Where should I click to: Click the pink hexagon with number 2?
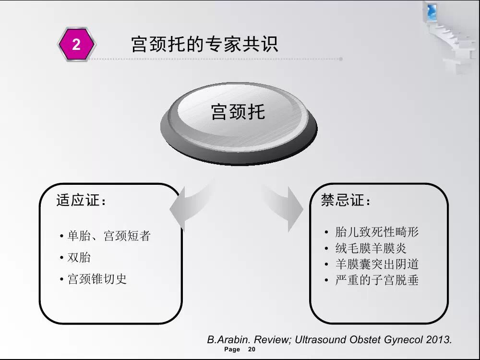[76, 44]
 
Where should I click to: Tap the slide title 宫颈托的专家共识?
[204, 44]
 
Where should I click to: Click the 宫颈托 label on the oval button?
[238, 112]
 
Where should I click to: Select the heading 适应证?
[81, 201]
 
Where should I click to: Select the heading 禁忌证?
[346, 200]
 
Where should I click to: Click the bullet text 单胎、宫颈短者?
[109, 236]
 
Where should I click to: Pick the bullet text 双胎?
[79, 257]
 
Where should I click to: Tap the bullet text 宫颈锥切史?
[97, 279]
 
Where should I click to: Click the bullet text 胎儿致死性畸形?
[377, 232]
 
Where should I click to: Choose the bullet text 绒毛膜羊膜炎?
[371, 248]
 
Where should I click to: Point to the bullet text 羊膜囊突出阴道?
[377, 264]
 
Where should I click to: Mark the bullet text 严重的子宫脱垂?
[377, 280]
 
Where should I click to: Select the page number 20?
[252, 349]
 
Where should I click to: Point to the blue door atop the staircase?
[431, 11]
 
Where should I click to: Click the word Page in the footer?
[232, 349]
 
